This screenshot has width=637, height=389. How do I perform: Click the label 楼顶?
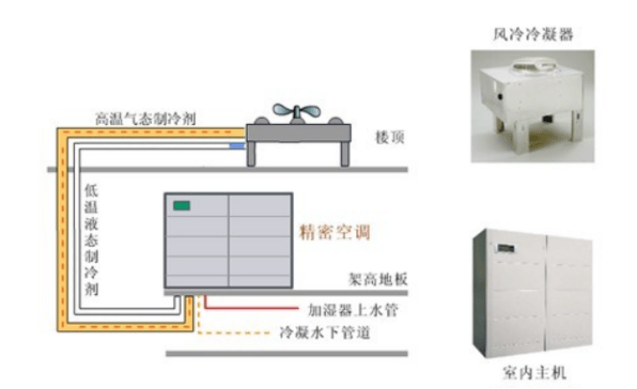(388, 138)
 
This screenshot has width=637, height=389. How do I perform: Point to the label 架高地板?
(379, 279)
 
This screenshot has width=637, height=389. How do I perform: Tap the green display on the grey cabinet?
(181, 204)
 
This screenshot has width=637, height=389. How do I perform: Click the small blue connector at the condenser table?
(237, 146)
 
